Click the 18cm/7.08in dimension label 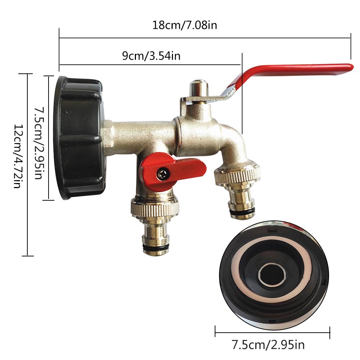(184, 26)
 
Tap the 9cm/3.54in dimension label (151, 56)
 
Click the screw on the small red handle (162, 174)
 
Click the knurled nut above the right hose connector (237, 175)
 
